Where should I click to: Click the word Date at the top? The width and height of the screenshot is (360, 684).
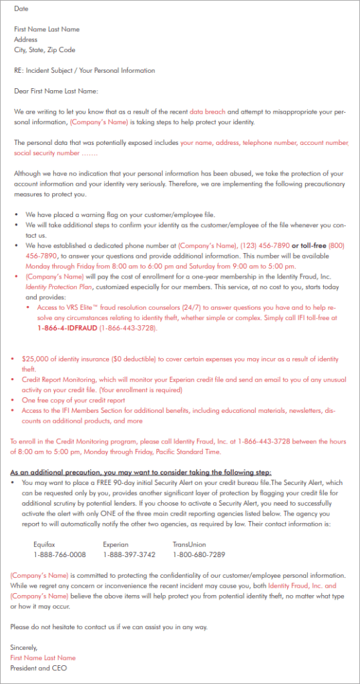click(21, 9)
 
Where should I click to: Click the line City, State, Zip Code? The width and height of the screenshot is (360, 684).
click(44, 50)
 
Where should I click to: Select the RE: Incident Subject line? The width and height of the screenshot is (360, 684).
click(84, 70)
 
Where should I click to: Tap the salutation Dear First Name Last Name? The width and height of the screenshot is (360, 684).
click(56, 91)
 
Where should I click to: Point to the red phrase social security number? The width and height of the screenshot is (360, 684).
click(41, 153)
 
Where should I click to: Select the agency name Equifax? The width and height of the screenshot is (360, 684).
click(45, 544)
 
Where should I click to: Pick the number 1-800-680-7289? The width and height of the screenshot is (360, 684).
click(198, 554)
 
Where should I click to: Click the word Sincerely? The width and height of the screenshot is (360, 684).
click(24, 647)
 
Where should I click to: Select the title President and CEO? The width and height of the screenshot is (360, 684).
click(39, 668)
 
